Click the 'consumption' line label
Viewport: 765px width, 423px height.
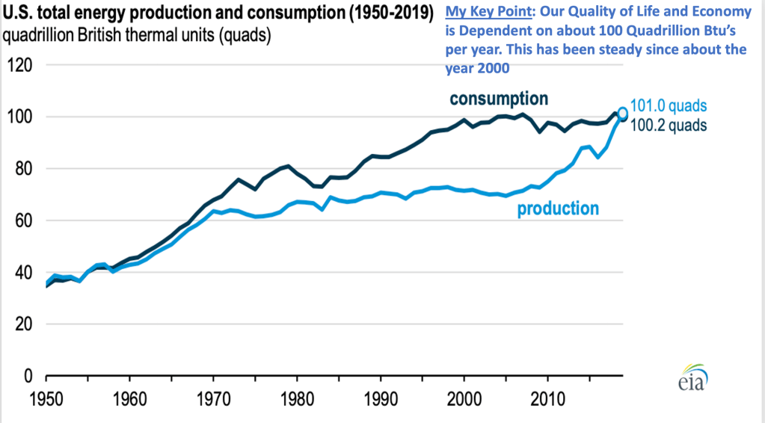499,99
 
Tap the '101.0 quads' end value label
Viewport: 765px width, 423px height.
669,106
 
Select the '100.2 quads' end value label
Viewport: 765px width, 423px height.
669,125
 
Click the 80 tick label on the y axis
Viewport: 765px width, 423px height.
20,169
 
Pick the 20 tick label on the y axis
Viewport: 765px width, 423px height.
20,324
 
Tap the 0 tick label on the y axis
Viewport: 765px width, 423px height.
24,376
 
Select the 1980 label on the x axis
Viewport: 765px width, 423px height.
297,397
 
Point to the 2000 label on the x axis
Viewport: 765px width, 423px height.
464,397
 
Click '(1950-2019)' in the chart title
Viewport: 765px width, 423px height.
390,13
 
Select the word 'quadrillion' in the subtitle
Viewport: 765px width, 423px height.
40,34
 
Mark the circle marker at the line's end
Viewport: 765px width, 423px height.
622,112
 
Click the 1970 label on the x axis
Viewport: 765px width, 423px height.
213,397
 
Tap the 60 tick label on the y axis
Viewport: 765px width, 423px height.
20,220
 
